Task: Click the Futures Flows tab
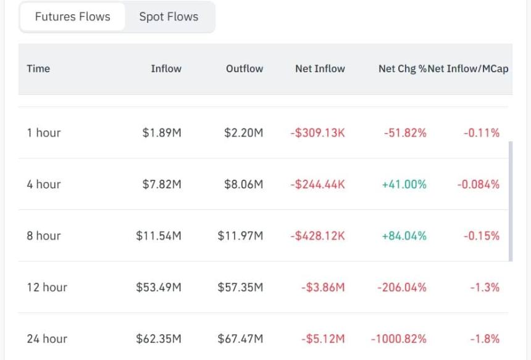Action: pyautogui.click(x=72, y=17)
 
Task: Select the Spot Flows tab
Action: pyautogui.click(x=169, y=17)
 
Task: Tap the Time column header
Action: pyautogui.click(x=38, y=69)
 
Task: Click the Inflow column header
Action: pyautogui.click(x=166, y=69)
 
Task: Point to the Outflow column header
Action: pyautogui.click(x=245, y=69)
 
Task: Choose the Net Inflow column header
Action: pyautogui.click(x=320, y=69)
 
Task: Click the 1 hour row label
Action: pyautogui.click(x=44, y=132)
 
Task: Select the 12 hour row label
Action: pyautogui.click(x=47, y=287)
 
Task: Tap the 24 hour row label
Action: pyautogui.click(x=47, y=338)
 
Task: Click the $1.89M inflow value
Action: pyautogui.click(x=162, y=132)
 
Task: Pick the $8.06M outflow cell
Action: pyautogui.click(x=243, y=184)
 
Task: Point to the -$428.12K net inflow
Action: pyautogui.click(x=317, y=236)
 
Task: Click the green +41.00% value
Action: pyautogui.click(x=404, y=184)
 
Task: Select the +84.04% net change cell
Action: pyautogui.click(x=404, y=236)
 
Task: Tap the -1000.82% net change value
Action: pyautogui.click(x=399, y=338)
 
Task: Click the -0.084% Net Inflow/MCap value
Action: pyautogui.click(x=478, y=184)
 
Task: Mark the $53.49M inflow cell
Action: pyautogui.click(x=159, y=287)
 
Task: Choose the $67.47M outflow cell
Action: pyautogui.click(x=240, y=338)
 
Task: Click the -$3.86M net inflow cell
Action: pyautogui.click(x=323, y=287)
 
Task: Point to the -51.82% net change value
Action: pyautogui.click(x=405, y=132)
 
